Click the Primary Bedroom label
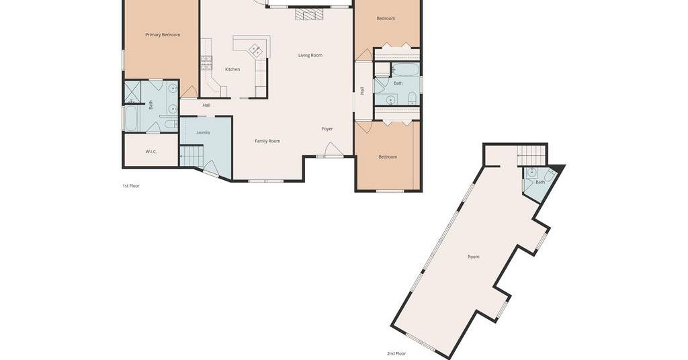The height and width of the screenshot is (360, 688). (x=163, y=35)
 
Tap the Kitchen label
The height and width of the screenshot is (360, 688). (x=232, y=69)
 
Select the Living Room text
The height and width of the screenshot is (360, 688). (x=310, y=55)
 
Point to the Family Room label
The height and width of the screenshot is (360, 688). (x=267, y=141)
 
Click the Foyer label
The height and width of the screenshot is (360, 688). (x=327, y=129)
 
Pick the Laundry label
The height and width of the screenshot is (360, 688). (x=203, y=132)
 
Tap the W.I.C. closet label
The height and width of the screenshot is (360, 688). (x=151, y=152)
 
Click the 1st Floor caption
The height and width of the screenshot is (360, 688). (x=131, y=186)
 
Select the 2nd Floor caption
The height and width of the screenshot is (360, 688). (x=396, y=353)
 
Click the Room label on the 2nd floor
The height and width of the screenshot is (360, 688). (x=474, y=257)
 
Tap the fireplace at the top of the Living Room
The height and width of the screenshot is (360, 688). (x=308, y=15)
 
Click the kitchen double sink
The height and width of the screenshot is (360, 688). (x=256, y=50)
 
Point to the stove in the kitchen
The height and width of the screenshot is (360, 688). (x=206, y=63)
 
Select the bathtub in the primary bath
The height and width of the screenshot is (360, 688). (x=131, y=118)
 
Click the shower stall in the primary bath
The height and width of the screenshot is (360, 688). (x=132, y=91)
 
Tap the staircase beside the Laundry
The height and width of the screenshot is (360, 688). (x=191, y=156)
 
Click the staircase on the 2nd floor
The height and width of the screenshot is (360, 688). (x=531, y=155)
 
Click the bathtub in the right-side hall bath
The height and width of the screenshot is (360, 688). (x=405, y=69)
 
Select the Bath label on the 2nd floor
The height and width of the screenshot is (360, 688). (x=540, y=182)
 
